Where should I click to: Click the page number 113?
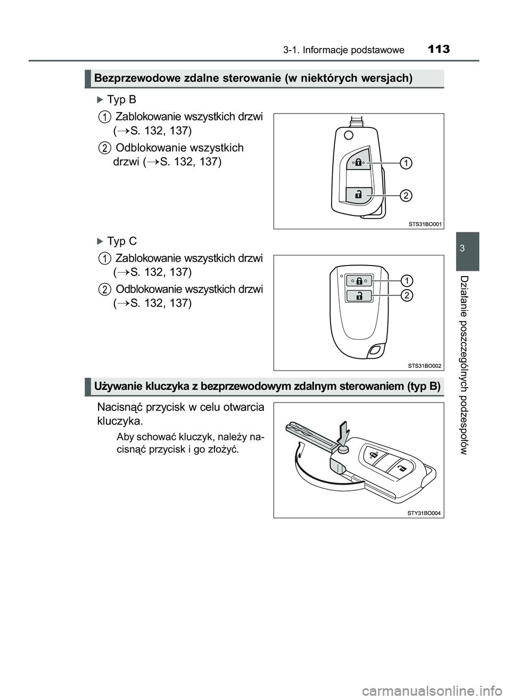[438, 50]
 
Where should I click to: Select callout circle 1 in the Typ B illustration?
[406, 163]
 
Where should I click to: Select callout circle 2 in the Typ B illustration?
[406, 196]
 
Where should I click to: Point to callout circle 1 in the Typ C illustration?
[406, 280]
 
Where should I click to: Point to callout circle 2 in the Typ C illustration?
[406, 296]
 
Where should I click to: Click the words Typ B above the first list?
[121, 100]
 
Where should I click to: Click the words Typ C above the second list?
[121, 242]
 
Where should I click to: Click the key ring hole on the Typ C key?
[375, 350]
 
